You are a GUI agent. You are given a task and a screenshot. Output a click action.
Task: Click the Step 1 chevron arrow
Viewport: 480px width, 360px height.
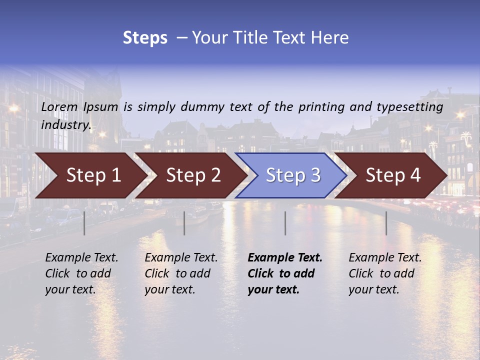93,175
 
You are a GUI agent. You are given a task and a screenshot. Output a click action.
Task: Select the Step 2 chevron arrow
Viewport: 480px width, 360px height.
193,175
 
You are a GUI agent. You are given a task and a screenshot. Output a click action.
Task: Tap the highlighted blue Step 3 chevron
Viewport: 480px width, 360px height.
293,175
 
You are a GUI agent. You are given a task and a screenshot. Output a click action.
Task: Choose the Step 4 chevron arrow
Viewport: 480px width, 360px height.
393,175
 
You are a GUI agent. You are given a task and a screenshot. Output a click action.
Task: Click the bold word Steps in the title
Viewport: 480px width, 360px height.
145,38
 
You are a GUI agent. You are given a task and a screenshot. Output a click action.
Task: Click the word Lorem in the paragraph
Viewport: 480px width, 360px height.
59,107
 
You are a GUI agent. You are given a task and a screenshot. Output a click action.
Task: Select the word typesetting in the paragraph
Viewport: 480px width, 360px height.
409,107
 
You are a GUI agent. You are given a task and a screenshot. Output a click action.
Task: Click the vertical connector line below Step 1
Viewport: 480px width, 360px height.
84,223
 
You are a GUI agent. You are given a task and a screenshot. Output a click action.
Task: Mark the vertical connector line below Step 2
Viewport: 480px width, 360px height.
184,223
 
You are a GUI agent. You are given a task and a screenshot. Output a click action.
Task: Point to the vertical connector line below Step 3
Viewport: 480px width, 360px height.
285,223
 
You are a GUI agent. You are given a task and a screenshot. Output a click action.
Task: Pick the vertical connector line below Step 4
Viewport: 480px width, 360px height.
386,223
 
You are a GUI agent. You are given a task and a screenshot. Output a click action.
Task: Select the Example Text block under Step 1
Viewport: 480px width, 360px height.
81,273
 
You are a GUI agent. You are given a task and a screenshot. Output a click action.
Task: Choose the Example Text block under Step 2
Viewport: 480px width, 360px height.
181,273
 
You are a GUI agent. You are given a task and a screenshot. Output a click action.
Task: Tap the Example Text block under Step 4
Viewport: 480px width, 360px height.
385,273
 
